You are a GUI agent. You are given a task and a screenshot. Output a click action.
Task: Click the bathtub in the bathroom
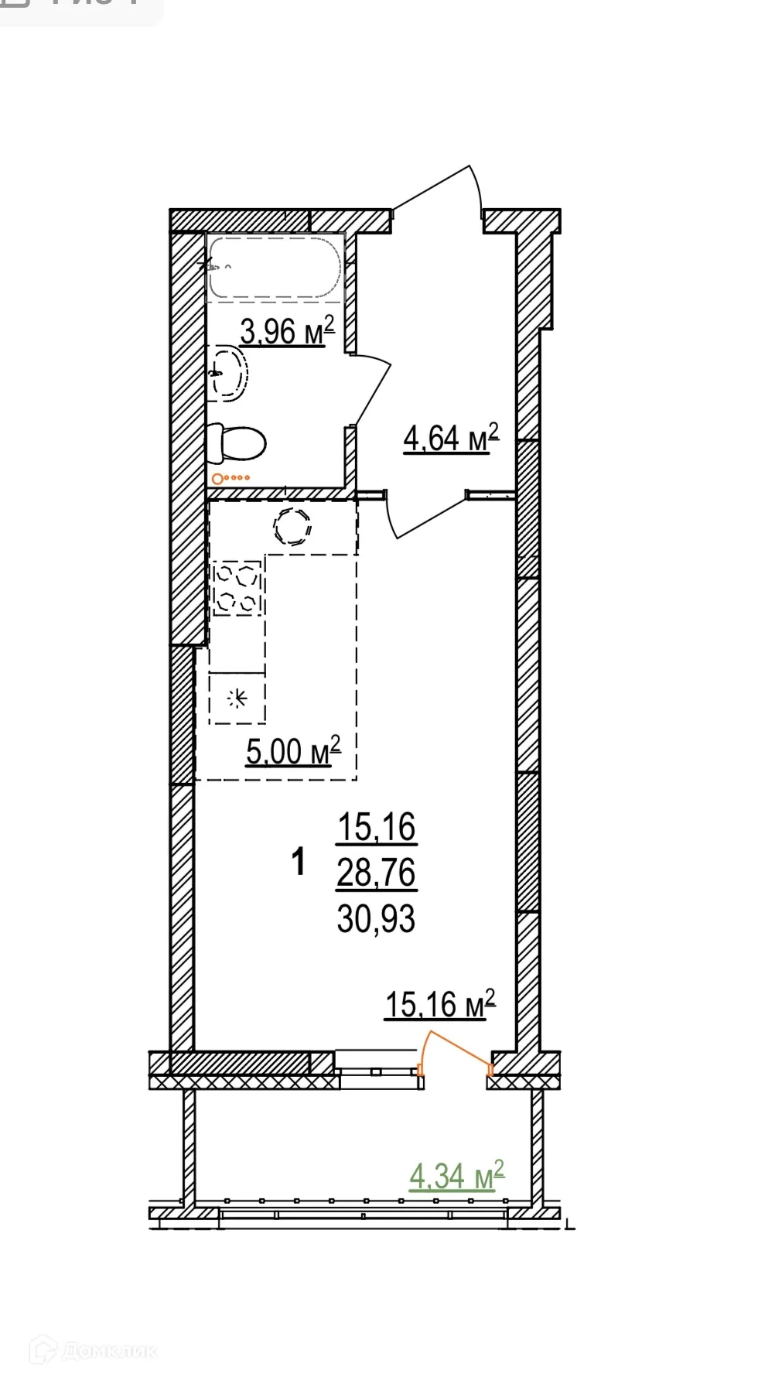click(275, 268)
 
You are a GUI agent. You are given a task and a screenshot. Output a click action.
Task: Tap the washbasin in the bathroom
click(229, 374)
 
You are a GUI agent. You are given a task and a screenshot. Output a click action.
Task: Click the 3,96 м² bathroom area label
click(287, 331)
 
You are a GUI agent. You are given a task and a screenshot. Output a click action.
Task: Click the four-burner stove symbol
click(237, 588)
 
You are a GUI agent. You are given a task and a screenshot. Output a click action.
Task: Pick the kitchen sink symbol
click(237, 699)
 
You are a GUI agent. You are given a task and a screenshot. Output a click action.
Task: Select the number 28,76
click(377, 873)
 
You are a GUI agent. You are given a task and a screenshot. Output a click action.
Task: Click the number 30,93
click(377, 919)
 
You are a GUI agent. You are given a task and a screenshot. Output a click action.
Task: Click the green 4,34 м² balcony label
click(456, 1177)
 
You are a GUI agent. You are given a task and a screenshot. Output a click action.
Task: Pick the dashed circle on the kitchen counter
click(292, 527)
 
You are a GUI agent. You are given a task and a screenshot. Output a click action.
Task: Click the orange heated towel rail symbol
click(231, 478)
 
